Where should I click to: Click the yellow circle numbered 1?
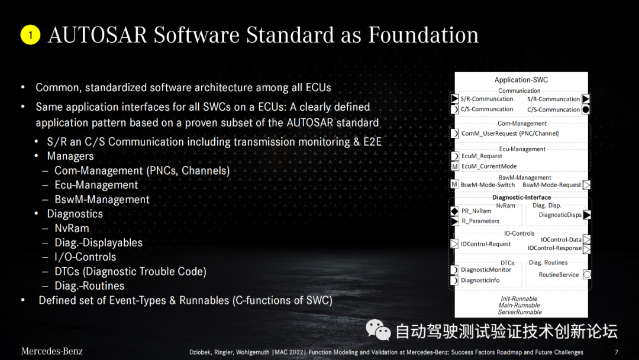30,35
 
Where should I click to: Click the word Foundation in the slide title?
424,35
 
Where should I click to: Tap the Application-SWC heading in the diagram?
521,80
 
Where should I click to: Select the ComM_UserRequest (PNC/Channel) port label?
510,133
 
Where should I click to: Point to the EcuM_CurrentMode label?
489,166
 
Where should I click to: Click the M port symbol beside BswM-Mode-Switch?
454,184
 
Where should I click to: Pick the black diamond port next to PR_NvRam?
454,211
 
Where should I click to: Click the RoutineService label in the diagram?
559,275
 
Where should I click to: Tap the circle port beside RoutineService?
587,274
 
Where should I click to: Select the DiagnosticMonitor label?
486,269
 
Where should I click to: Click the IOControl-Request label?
485,244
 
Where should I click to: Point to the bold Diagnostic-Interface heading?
521,197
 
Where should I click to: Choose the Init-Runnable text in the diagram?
519,298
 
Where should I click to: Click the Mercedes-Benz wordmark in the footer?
51,351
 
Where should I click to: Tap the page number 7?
617,352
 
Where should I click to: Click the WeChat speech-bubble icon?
378,330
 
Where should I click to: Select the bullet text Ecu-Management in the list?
96,185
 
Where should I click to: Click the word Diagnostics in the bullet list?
75,214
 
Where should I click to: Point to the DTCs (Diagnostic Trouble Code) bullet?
130,272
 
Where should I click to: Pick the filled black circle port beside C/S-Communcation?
586,110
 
